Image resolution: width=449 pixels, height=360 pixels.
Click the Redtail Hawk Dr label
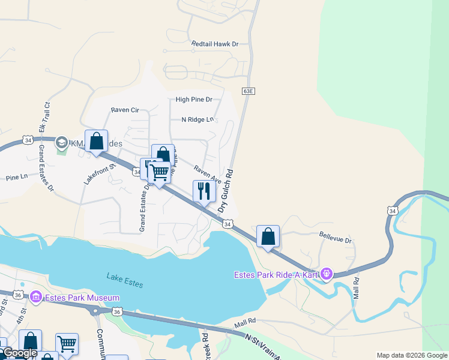pos(215,44)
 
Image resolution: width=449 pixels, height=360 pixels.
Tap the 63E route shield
pos(249,91)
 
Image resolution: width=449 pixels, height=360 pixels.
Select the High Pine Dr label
pos(194,100)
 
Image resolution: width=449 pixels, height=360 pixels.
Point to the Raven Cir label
pos(125,110)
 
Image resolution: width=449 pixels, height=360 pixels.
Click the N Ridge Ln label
pos(197,119)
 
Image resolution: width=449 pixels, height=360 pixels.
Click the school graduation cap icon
pos(61,143)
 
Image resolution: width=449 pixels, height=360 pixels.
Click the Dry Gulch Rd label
pos(225,190)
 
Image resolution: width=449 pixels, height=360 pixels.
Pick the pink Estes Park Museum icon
pos(35,297)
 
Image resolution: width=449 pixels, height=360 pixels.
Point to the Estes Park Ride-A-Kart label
pos(276,275)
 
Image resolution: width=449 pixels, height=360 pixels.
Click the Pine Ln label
pos(17,178)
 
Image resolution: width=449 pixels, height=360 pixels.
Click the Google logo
pos(20,353)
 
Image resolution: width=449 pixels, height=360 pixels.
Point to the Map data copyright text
pos(411,355)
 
